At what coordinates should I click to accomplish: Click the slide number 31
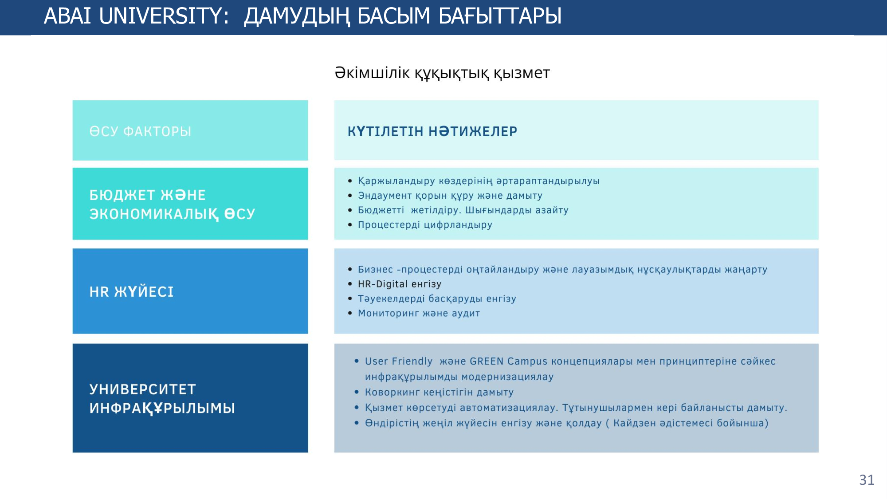point(867,480)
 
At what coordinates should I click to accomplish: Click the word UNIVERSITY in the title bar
point(164,16)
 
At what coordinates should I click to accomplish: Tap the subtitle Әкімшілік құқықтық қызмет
point(442,73)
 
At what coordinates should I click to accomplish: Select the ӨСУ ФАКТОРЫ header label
point(140,131)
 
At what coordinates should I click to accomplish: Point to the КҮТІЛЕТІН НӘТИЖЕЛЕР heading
point(432,131)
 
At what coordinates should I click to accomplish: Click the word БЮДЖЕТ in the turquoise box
point(122,195)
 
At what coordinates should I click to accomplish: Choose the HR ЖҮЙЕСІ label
point(131,291)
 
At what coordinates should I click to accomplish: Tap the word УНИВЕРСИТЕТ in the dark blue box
point(143,389)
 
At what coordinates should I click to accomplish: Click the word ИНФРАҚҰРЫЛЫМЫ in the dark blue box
point(162,409)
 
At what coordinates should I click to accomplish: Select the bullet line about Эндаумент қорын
point(450,196)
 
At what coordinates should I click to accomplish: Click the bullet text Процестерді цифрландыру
point(425,225)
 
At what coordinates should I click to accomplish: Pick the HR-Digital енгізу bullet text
point(400,284)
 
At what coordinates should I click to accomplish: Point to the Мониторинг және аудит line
point(419,313)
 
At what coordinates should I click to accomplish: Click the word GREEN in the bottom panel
point(487,361)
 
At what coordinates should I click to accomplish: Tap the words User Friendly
point(399,361)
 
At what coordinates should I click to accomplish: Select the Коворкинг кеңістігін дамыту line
point(439,393)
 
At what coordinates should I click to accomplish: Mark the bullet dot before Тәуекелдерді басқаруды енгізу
point(350,299)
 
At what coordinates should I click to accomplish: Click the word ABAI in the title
point(67,16)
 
